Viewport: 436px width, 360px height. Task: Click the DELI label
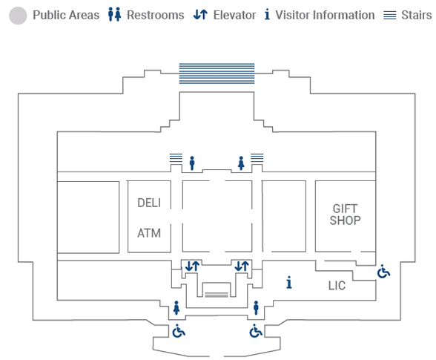coord(149,203)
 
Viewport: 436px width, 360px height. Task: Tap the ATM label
coord(149,233)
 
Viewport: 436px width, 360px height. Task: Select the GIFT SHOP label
coord(346,215)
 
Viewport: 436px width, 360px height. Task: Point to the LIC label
coord(337,286)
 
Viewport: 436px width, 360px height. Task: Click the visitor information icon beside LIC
coord(289,282)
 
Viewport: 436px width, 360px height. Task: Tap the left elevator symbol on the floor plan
coord(192,266)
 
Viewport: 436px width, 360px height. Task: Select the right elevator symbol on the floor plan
coord(242,266)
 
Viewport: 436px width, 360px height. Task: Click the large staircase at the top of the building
coord(217,73)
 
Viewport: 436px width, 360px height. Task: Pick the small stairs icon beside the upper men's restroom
coord(176,157)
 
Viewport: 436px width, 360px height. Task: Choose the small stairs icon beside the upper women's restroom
coord(257,157)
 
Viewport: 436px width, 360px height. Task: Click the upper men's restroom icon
coord(192,163)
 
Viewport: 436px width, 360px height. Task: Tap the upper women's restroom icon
coord(241,163)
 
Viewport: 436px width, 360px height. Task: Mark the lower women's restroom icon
coord(176,308)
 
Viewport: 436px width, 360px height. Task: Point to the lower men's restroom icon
coord(256,308)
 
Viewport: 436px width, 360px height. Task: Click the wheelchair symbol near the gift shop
coord(383,272)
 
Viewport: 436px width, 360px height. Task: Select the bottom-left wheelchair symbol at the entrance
coord(179,331)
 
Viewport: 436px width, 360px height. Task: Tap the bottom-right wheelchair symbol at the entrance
coord(256,331)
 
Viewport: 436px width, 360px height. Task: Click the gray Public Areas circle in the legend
coord(18,16)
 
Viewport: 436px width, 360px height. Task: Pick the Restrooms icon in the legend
coord(114,15)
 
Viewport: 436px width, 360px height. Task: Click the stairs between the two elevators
coord(217,295)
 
